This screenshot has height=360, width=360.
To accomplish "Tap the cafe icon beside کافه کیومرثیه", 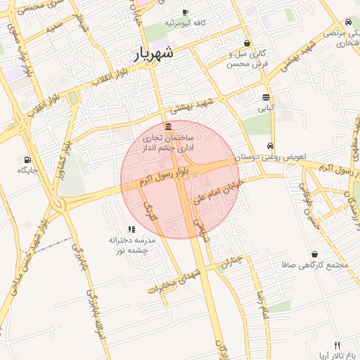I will point(185,12).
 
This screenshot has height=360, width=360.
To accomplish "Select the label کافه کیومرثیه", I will point(185,23).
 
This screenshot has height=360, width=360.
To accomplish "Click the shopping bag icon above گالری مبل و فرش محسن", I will point(246,43).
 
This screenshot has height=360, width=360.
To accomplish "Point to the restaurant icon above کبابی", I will point(266,98).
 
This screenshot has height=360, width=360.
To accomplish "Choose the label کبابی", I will point(266,108).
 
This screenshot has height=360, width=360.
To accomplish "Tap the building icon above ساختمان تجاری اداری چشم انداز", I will point(167,127).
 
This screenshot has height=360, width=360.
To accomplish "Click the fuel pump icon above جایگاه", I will point(27,160).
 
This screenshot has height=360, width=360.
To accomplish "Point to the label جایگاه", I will point(27,170).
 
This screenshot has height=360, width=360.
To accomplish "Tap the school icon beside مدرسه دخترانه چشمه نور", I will point(131,229).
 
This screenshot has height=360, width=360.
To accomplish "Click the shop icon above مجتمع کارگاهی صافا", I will point(314,253).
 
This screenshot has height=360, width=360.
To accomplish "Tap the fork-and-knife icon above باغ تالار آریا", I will point(337,345).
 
